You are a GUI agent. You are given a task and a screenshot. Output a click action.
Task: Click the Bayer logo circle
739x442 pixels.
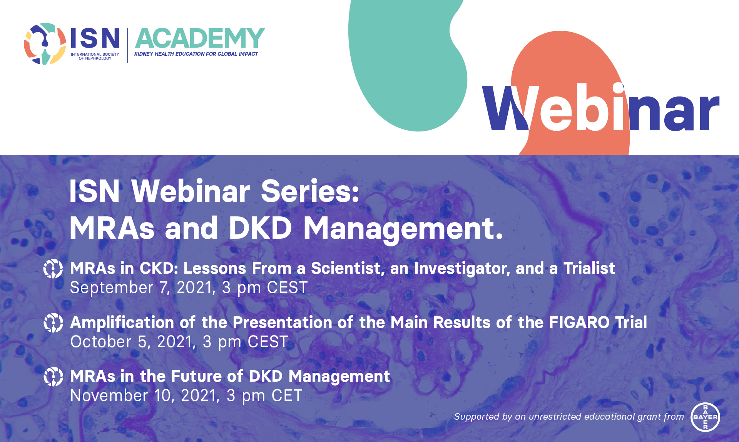(705, 417)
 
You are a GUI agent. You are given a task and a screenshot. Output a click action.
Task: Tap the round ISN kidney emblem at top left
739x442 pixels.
(45, 43)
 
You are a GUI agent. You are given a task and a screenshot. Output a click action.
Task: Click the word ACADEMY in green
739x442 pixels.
(200, 38)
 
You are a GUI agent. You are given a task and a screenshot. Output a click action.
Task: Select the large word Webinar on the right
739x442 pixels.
(601, 108)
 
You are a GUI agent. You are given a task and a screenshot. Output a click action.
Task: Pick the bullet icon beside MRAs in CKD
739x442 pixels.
(53, 269)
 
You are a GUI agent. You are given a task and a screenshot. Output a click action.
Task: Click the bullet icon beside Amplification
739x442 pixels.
(53, 323)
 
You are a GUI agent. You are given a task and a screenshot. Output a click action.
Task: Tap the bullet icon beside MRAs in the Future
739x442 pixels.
(53, 377)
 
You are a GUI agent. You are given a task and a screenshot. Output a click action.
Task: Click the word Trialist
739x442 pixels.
(589, 268)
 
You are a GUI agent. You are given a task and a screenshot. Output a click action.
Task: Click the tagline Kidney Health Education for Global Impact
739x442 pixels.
(196, 54)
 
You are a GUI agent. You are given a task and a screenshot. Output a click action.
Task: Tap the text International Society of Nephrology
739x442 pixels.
(95, 56)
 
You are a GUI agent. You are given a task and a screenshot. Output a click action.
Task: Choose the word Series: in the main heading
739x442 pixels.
(310, 191)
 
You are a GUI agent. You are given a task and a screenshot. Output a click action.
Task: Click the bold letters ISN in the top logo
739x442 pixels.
(95, 38)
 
